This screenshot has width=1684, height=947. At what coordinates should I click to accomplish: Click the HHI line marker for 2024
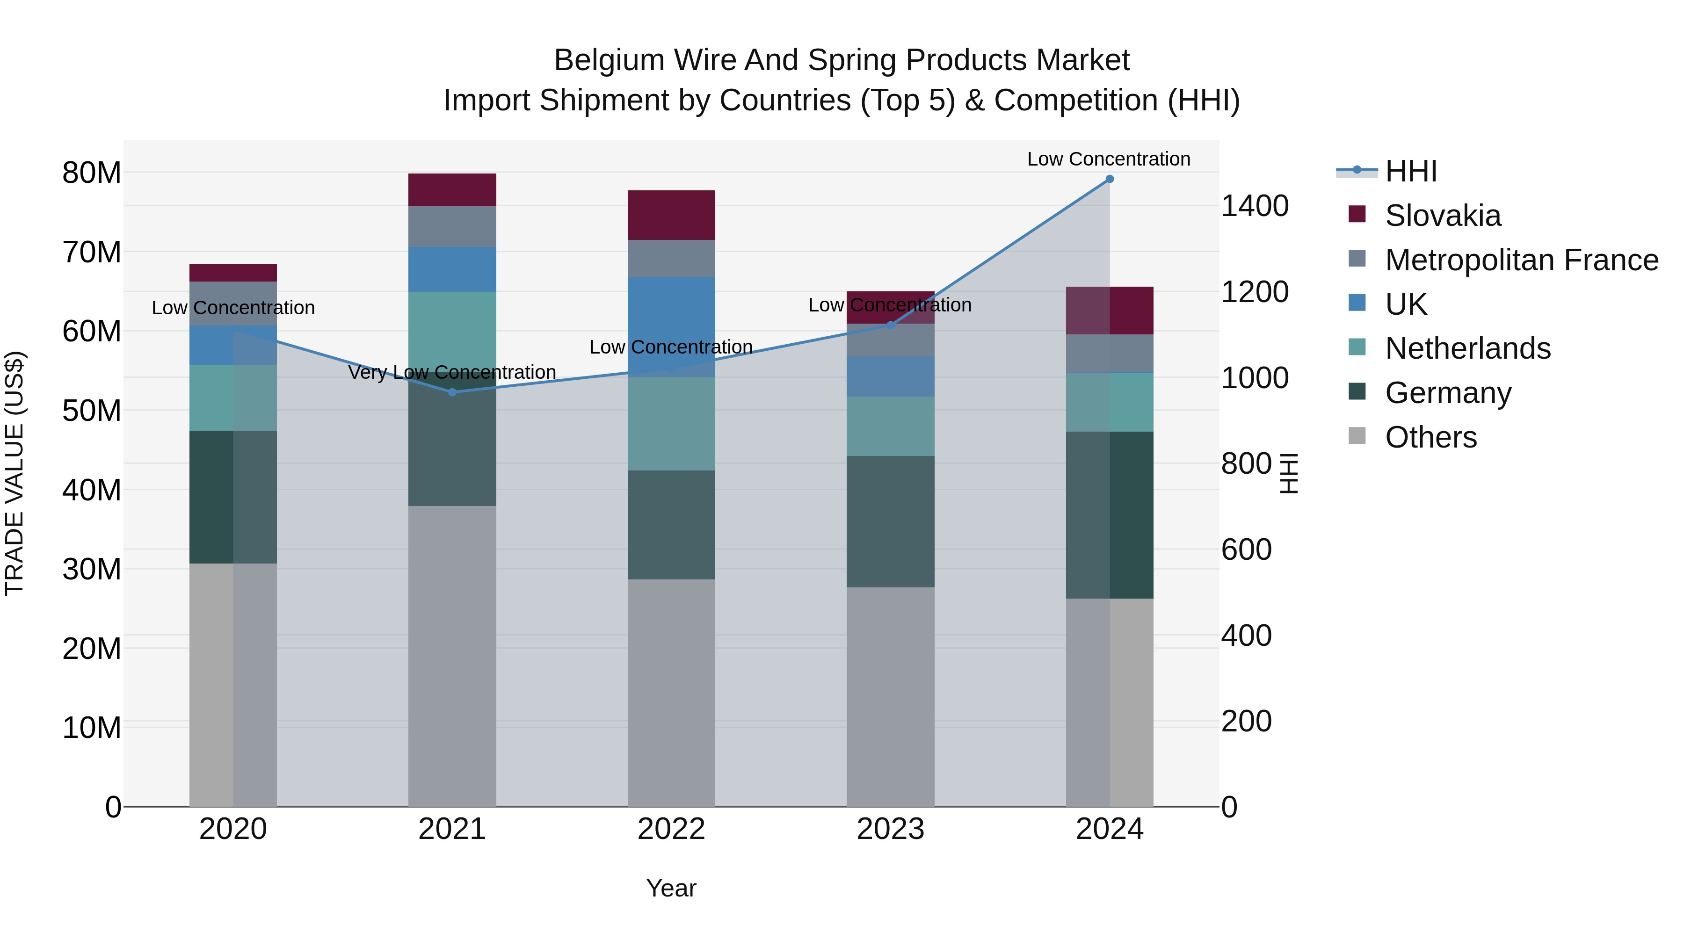pyautogui.click(x=1110, y=179)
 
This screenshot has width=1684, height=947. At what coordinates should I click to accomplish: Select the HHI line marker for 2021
pyautogui.click(x=452, y=392)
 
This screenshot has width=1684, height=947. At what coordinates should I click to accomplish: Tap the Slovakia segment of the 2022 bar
pyautogui.click(x=671, y=215)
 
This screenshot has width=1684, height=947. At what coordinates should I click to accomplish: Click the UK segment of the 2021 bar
pyautogui.click(x=452, y=269)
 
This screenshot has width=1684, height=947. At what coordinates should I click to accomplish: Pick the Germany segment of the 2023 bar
pyautogui.click(x=890, y=521)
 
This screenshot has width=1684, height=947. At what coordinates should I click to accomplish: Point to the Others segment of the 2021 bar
pyautogui.click(x=452, y=656)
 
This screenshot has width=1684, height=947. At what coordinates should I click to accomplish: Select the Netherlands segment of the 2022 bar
pyautogui.click(x=671, y=424)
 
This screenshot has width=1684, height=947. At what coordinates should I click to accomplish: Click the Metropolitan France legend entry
pyautogui.click(x=1521, y=260)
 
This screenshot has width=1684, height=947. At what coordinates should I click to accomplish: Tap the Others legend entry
pyautogui.click(x=1430, y=437)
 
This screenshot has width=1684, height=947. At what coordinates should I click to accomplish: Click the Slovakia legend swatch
pyautogui.click(x=1357, y=214)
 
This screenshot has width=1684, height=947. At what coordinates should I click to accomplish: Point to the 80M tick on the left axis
pyautogui.click(x=92, y=173)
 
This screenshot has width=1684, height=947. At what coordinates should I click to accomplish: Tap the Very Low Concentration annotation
pyautogui.click(x=452, y=373)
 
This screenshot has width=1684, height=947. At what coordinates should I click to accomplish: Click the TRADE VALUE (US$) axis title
pyautogui.click(x=15, y=473)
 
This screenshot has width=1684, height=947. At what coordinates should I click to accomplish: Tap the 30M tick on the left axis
pyautogui.click(x=92, y=569)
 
